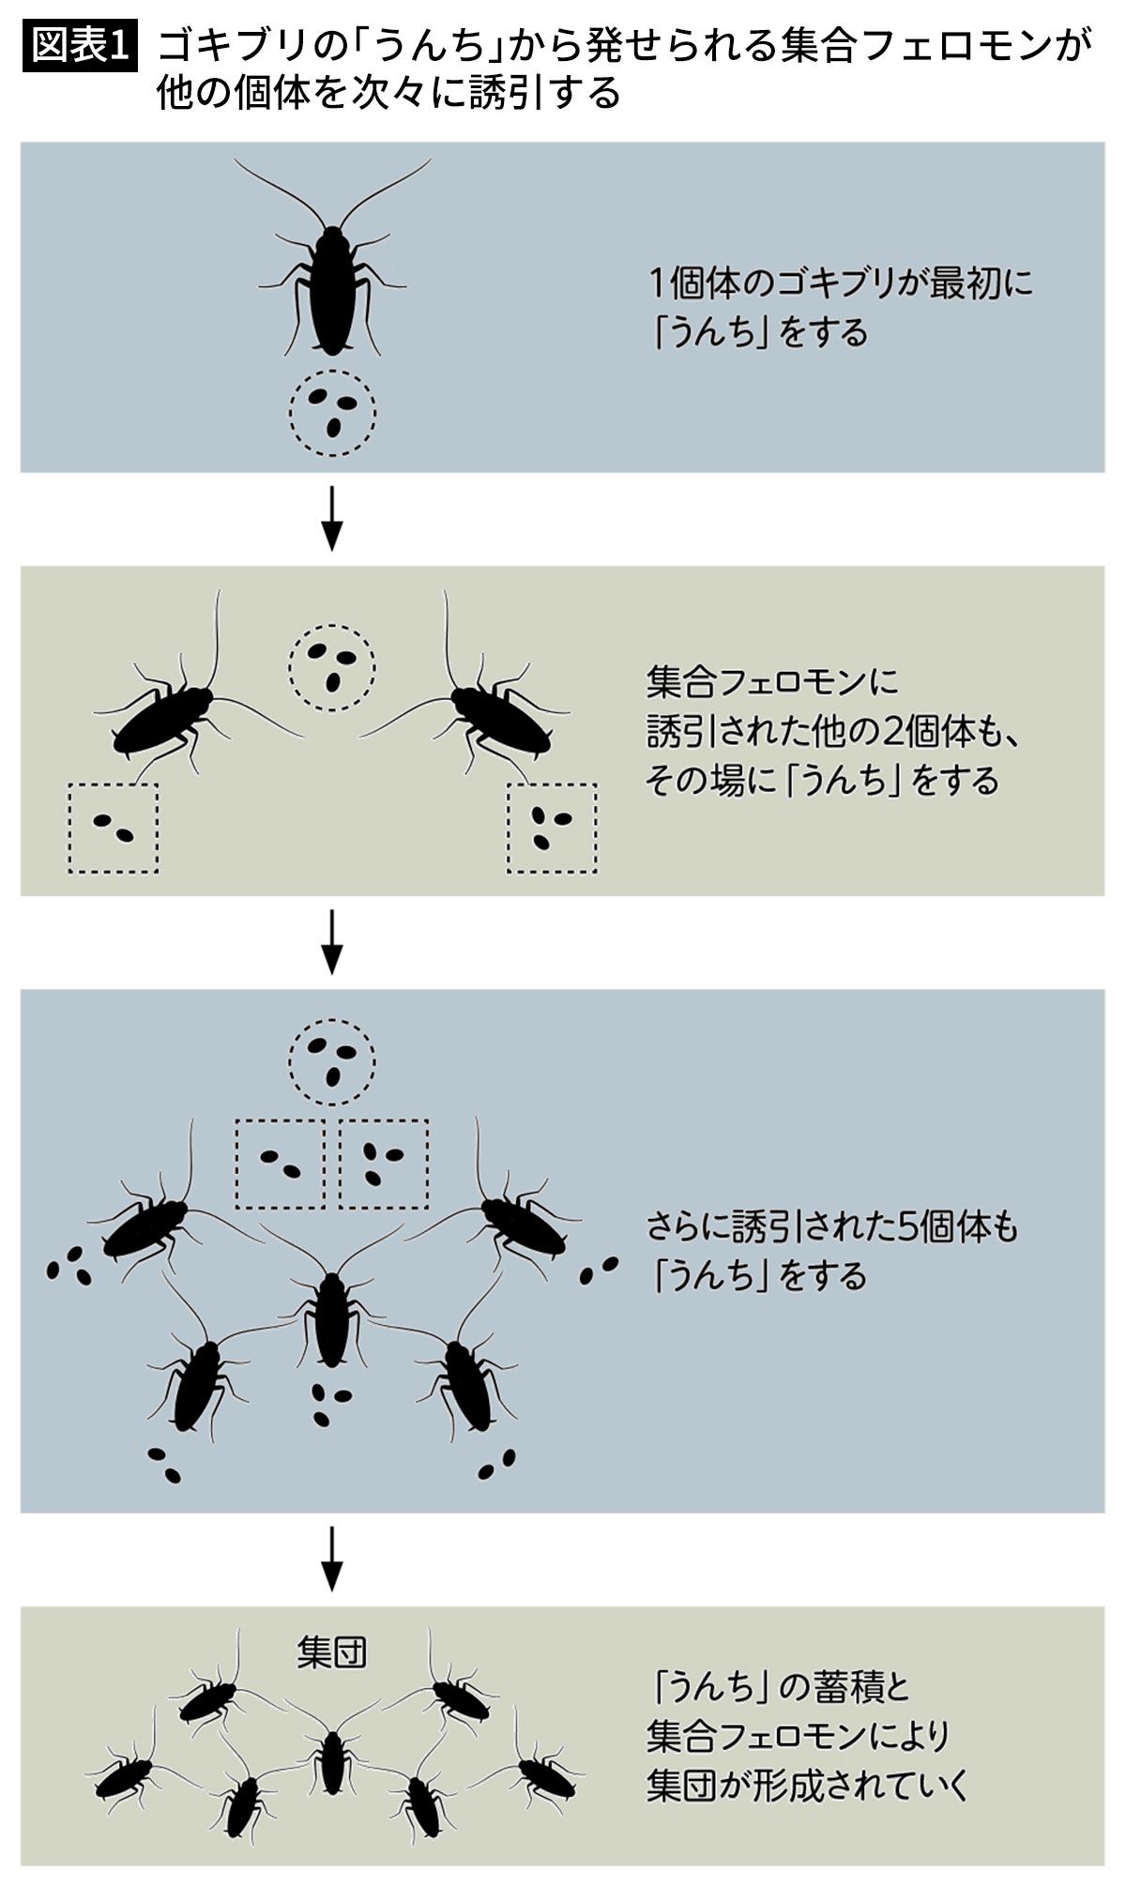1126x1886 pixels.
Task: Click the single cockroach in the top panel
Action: point(330,286)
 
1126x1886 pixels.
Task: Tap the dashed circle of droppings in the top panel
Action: point(332,413)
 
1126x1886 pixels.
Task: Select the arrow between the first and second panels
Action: point(331,519)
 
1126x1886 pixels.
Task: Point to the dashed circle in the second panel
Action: point(332,667)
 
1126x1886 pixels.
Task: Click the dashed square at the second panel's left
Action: point(113,828)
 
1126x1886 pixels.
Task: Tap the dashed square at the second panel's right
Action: point(552,828)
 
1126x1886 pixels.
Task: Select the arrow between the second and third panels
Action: point(331,942)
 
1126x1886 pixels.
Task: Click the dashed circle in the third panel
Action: point(332,1062)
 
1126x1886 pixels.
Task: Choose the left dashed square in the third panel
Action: point(280,1164)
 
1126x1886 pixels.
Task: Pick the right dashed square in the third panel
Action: point(383,1164)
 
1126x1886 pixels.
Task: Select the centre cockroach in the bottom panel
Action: point(332,1762)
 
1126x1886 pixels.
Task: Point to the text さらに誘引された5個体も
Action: point(831,1227)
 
